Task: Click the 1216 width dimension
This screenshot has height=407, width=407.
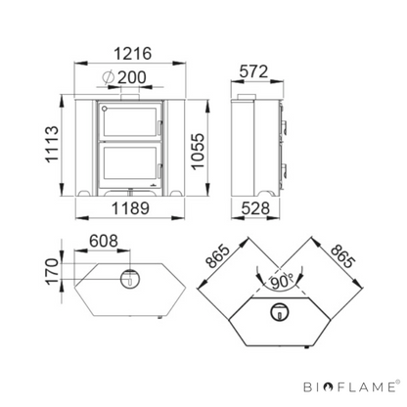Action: tap(133, 54)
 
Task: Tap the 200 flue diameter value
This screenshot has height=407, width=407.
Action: tap(131, 77)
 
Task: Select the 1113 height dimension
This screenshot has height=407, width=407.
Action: tap(52, 144)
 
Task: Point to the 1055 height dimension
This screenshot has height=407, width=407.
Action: tap(198, 152)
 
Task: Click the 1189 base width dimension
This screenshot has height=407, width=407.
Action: tap(130, 208)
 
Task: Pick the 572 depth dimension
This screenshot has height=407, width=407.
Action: tap(253, 71)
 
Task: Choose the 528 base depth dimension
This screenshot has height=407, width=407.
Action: tap(255, 208)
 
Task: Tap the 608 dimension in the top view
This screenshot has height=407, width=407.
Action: tap(104, 241)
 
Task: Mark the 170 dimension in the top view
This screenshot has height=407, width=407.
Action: tap(52, 271)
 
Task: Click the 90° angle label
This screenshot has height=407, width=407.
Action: tap(282, 283)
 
